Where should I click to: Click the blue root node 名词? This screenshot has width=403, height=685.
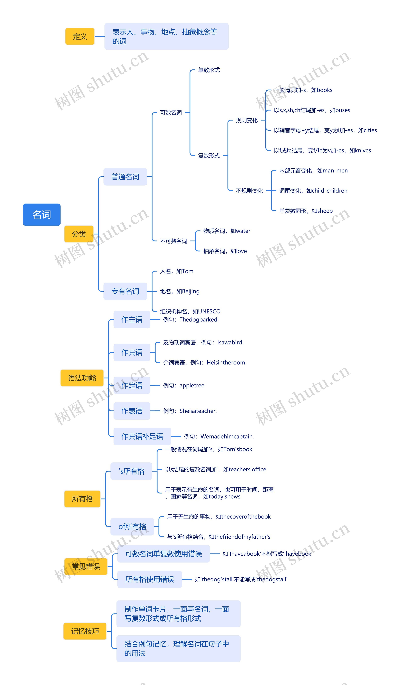(x=42, y=215)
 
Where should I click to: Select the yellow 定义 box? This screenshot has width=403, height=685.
(x=80, y=36)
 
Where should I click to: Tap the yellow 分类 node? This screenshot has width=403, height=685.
(x=79, y=234)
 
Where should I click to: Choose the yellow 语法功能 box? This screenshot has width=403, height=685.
(x=82, y=378)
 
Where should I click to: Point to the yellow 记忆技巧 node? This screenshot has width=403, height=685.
(x=85, y=631)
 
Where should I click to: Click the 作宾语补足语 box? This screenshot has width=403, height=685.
(x=142, y=436)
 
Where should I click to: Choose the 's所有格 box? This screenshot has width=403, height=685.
(x=131, y=471)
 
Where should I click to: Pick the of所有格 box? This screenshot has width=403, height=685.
(x=132, y=527)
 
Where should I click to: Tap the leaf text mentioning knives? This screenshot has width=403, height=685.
(x=322, y=150)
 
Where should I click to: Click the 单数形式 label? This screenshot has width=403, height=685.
(x=209, y=70)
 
